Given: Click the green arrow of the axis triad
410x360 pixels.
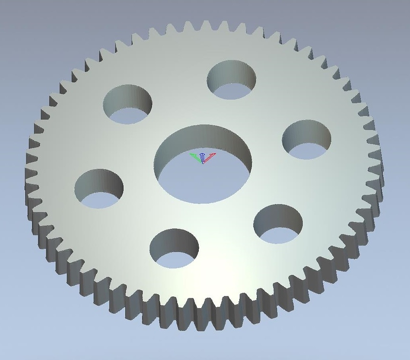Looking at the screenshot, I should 195,157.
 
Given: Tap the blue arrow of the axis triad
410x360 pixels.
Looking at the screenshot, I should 203,157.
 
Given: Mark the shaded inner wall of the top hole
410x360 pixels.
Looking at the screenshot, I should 231,72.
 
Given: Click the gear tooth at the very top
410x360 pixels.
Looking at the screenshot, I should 206,25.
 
